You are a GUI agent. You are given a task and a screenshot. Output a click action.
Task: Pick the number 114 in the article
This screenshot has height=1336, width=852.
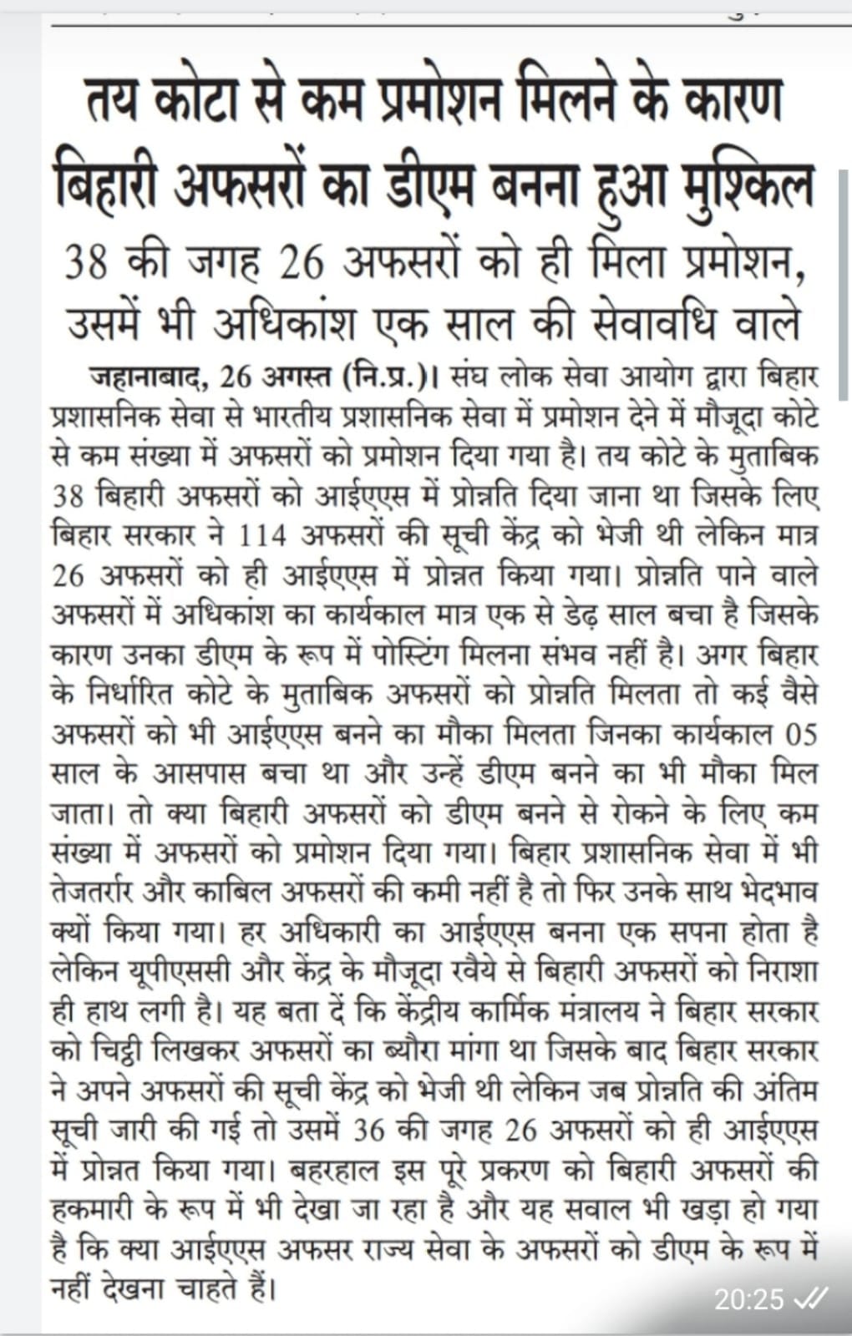[x=262, y=534]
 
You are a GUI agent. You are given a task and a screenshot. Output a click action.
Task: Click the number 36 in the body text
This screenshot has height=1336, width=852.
[x=372, y=1131]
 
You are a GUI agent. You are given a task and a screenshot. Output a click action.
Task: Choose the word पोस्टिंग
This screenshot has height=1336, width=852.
[x=410, y=654]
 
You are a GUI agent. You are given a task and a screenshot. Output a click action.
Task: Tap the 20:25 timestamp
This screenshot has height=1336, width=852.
[x=748, y=1298]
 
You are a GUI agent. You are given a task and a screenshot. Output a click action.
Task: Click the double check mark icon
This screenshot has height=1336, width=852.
[x=810, y=1298]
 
